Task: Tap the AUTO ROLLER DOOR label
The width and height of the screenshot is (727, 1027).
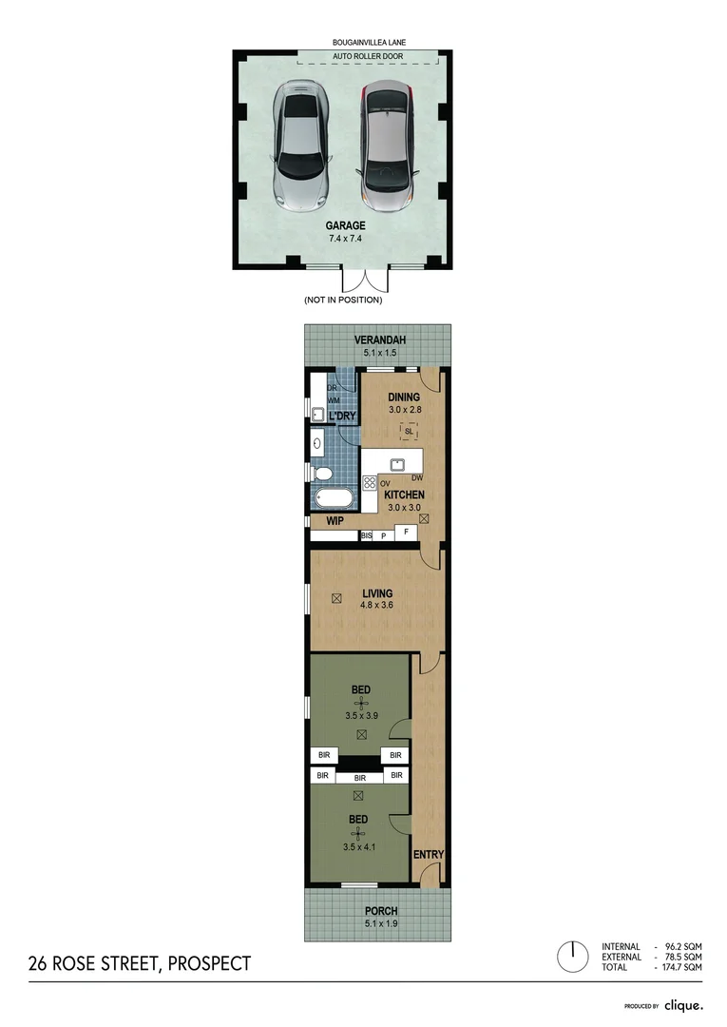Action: click(367, 58)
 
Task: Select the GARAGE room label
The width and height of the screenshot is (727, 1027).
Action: click(347, 225)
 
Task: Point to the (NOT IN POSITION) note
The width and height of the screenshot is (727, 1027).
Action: click(343, 300)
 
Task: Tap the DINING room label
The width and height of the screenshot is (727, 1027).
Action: click(404, 397)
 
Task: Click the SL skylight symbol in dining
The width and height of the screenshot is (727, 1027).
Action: click(408, 431)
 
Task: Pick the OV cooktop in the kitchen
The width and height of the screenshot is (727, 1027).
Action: click(370, 482)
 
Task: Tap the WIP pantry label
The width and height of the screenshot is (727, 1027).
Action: click(335, 522)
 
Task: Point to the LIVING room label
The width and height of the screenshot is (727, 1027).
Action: click(376, 593)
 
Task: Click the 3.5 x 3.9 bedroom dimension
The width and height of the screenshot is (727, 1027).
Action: click(360, 715)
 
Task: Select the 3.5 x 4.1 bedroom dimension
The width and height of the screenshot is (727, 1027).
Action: click(360, 845)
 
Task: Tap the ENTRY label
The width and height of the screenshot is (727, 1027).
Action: click(429, 855)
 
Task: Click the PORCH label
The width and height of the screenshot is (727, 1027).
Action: click(379, 911)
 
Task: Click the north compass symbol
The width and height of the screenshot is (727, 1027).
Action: click(573, 956)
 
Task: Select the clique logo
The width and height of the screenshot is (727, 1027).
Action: click(682, 1005)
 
